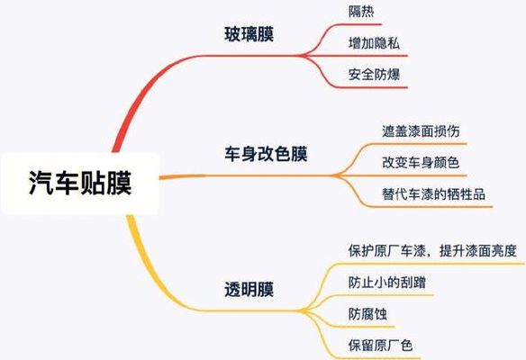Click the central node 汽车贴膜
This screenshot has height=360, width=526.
click(80, 183)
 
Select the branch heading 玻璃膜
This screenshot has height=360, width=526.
click(249, 34)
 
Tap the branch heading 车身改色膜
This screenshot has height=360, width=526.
click(266, 155)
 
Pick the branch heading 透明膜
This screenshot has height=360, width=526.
click(249, 289)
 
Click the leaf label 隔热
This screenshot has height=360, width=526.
click(361, 12)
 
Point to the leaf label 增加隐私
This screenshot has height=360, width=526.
click(374, 43)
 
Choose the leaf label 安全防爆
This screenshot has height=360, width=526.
click(374, 75)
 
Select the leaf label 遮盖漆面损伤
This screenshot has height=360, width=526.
click(421, 131)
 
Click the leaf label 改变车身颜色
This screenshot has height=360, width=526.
click(421, 163)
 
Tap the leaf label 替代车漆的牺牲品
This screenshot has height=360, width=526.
click(433, 194)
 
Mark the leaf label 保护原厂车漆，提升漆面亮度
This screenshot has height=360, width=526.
click(432, 251)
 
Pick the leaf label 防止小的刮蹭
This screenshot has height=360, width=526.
click(386, 283)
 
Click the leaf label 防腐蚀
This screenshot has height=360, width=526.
click(367, 314)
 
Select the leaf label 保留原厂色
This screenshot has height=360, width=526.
click(380, 346)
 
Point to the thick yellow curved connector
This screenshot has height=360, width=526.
click(148, 274)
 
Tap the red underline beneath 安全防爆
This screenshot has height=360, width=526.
click(369, 87)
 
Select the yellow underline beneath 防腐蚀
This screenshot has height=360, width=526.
click(362, 327)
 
